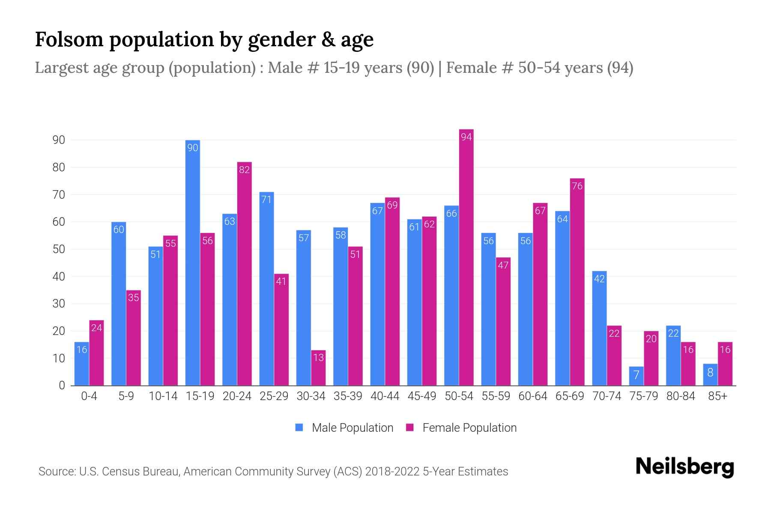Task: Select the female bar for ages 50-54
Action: point(466,257)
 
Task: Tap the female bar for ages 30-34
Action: point(318,368)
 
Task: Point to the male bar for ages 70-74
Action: point(599,328)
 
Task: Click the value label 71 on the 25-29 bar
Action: point(266,200)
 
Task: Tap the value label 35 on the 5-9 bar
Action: point(134,297)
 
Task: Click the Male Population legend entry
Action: point(344,428)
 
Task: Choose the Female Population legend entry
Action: point(462,428)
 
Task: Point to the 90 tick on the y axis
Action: point(59,140)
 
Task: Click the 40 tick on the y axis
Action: point(59,277)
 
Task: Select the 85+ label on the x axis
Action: point(717,396)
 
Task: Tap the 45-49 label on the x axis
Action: point(421,396)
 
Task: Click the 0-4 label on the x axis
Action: point(89,396)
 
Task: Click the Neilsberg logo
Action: point(684,467)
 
